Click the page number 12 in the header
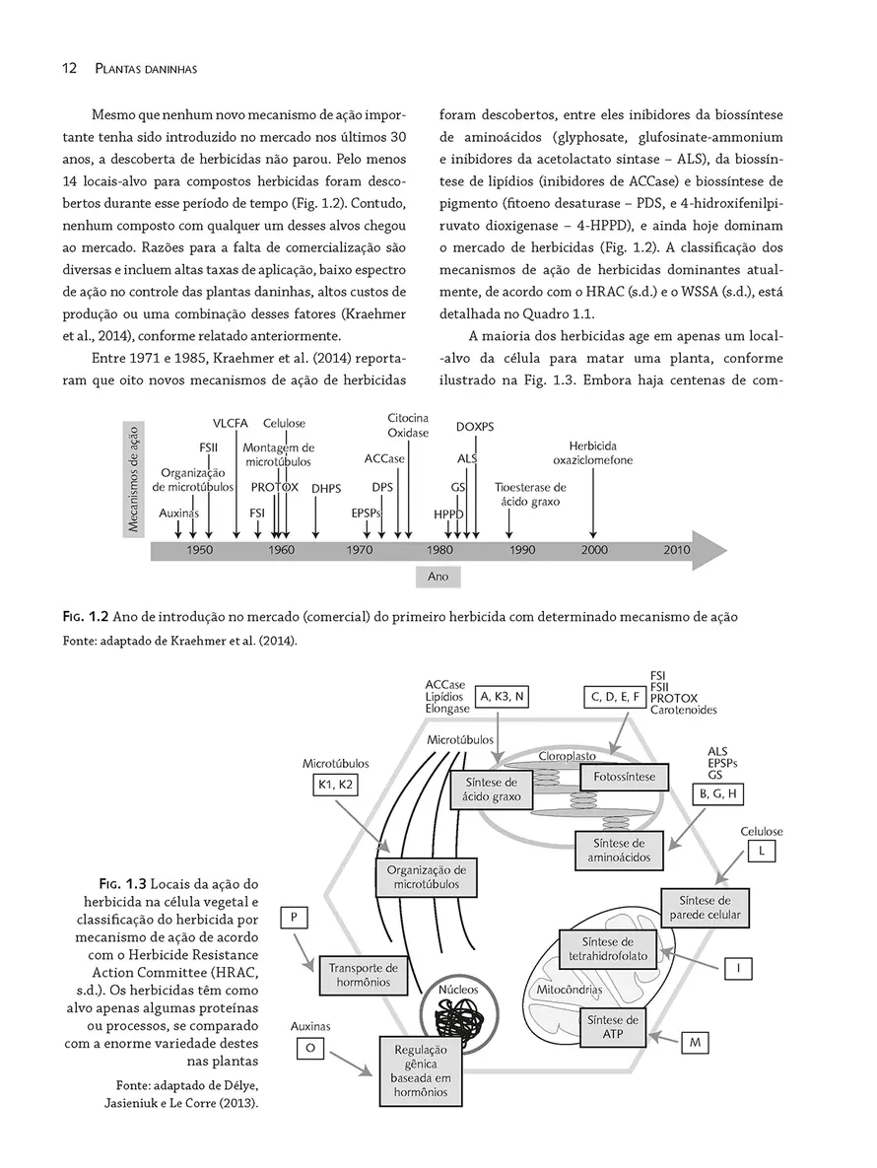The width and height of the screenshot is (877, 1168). click(x=69, y=68)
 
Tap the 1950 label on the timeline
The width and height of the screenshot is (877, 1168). click(x=199, y=549)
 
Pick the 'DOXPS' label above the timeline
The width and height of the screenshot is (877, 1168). click(x=475, y=427)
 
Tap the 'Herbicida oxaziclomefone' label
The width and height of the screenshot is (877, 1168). click(x=592, y=452)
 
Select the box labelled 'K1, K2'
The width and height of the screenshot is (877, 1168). click(x=336, y=785)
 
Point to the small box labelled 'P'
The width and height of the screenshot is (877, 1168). click(x=295, y=919)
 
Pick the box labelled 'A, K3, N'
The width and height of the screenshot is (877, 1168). click(x=503, y=696)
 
